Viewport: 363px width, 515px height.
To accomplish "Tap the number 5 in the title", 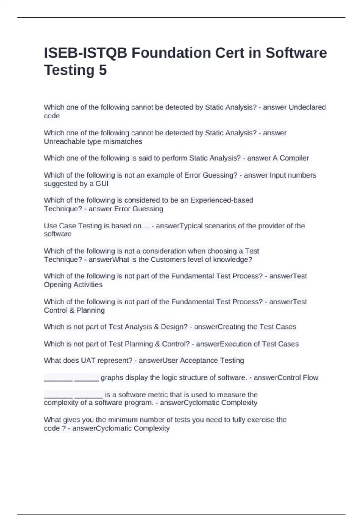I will [103, 70].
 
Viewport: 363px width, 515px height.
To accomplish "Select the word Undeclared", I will [307, 107].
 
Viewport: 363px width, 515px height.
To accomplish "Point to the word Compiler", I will [294, 158].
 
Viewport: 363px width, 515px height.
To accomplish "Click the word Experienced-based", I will [222, 200].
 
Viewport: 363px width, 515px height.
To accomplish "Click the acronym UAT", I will [88, 360].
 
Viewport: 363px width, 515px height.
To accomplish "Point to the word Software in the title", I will [296, 53].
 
